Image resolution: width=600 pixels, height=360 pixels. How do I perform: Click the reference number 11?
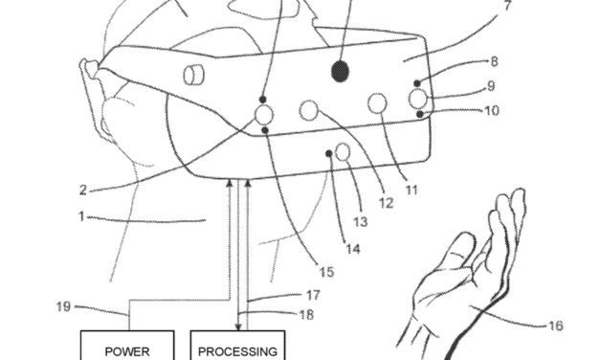[411, 190]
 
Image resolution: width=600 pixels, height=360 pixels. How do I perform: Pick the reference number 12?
[385, 203]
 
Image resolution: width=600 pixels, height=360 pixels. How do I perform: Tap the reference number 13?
[360, 221]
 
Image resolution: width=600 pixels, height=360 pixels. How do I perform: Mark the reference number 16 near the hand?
[554, 326]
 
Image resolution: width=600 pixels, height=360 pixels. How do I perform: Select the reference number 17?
[314, 295]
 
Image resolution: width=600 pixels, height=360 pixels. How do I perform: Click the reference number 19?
[64, 306]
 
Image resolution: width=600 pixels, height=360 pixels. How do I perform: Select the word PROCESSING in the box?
[236, 350]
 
